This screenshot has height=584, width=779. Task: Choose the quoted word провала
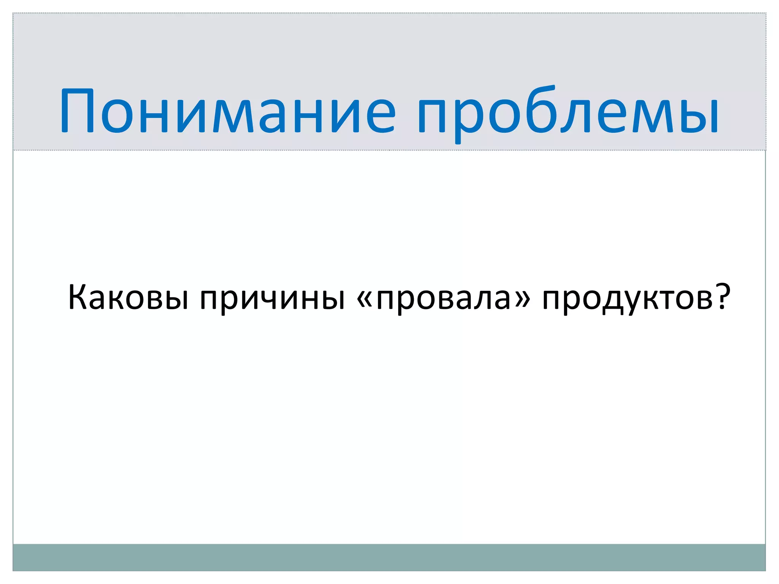pyautogui.click(x=444, y=298)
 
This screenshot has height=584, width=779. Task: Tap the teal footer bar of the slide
pyautogui.click(x=389, y=557)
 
